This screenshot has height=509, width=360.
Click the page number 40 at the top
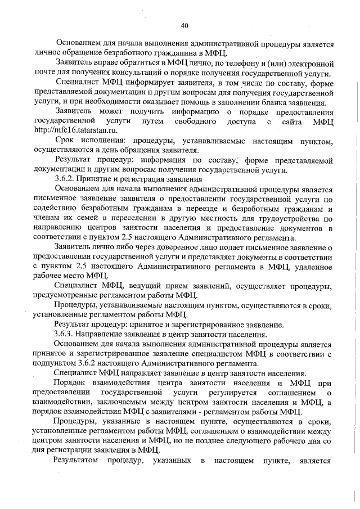click(185, 25)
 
